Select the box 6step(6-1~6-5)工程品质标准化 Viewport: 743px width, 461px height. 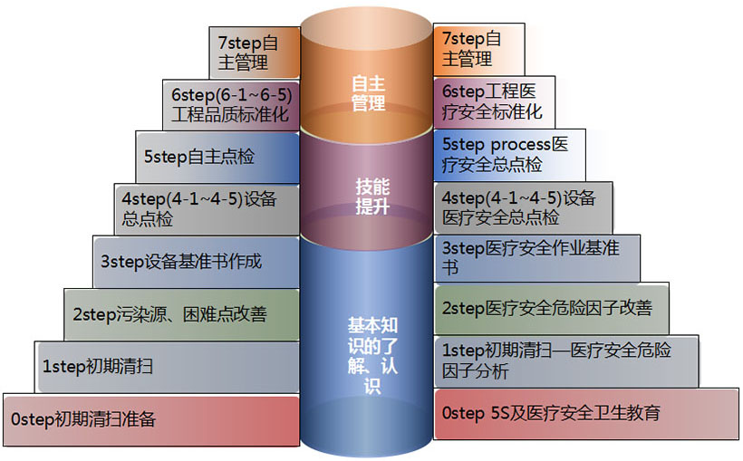pyautogui.click(x=233, y=103)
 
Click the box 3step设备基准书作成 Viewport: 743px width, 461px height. pyautogui.click(x=195, y=262)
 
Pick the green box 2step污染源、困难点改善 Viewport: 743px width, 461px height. pyautogui.click(x=180, y=314)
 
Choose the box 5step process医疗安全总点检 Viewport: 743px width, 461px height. pyautogui.click(x=508, y=154)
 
